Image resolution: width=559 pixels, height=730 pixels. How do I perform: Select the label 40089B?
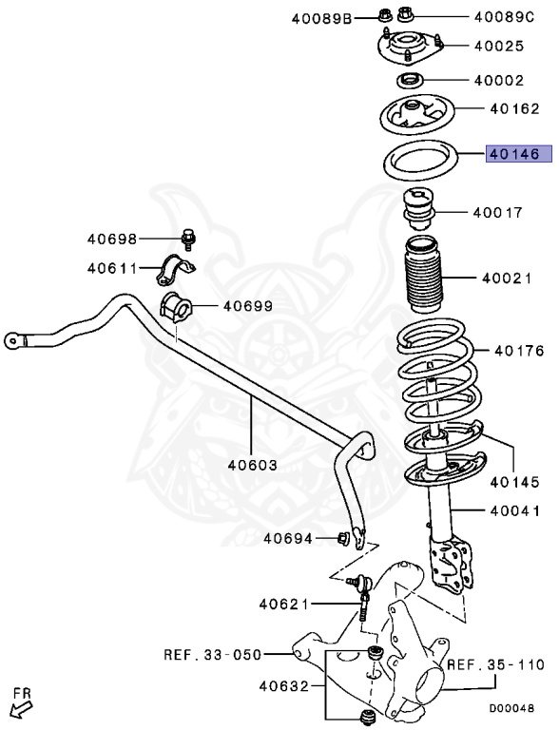coord(320,16)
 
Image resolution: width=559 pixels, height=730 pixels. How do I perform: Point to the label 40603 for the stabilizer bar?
coord(252,466)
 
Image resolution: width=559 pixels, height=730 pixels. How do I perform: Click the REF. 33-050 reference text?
coord(211,654)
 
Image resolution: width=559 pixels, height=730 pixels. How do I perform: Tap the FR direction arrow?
coord(19,705)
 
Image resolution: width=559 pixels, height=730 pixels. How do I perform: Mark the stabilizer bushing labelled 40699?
coord(176,307)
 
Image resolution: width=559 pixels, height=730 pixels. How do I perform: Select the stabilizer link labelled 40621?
coord(362,603)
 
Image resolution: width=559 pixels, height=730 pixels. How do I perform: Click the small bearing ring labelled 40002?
coord(410,80)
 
